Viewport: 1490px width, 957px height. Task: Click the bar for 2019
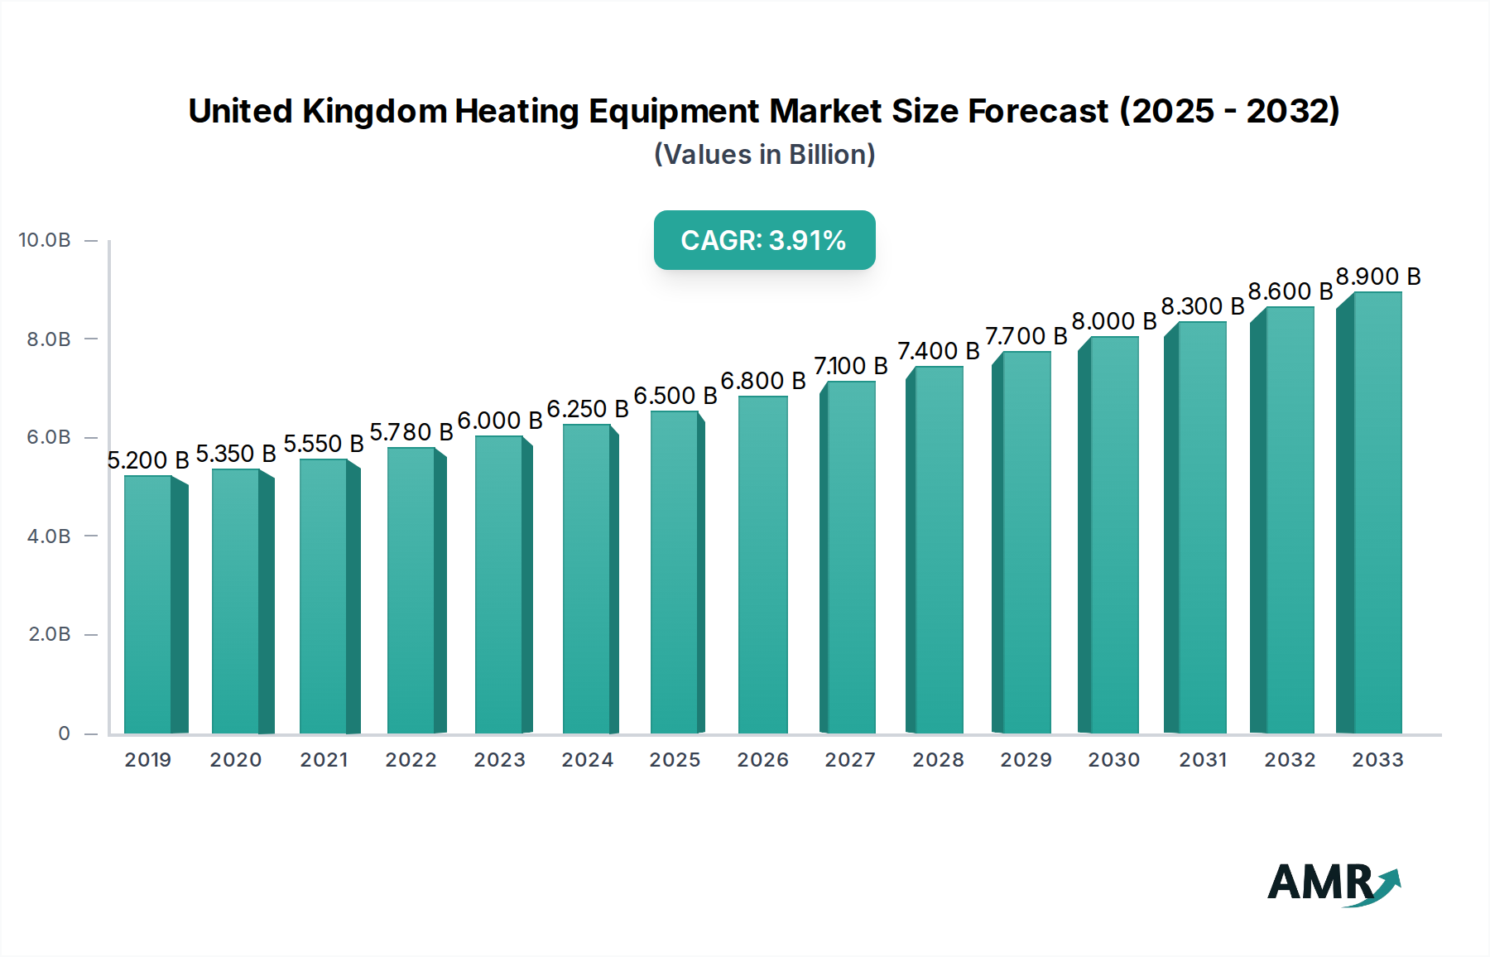coord(149,604)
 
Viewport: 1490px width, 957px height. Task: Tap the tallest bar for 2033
coord(1377,513)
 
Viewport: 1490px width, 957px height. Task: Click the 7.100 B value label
coord(850,366)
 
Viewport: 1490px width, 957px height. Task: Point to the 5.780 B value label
coord(411,432)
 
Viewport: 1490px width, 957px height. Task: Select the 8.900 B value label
coord(1377,277)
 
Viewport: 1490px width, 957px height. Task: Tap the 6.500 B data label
coord(675,396)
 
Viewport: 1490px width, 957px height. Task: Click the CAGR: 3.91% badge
coord(764,240)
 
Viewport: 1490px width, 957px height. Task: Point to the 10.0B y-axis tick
coord(45,240)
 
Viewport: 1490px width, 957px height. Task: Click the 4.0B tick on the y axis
coord(49,536)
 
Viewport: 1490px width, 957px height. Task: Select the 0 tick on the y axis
coord(64,733)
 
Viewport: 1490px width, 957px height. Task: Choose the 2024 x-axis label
coord(587,759)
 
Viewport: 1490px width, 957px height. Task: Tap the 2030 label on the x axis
coord(1113,759)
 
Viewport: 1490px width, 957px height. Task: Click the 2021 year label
coord(324,759)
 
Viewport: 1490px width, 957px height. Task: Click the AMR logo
coord(1333,883)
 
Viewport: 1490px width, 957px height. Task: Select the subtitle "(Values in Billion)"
coord(764,155)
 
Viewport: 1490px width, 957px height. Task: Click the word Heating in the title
coord(517,111)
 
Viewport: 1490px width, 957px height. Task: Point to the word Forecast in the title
coord(1038,111)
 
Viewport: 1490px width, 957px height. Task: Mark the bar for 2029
coord(1026,542)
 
